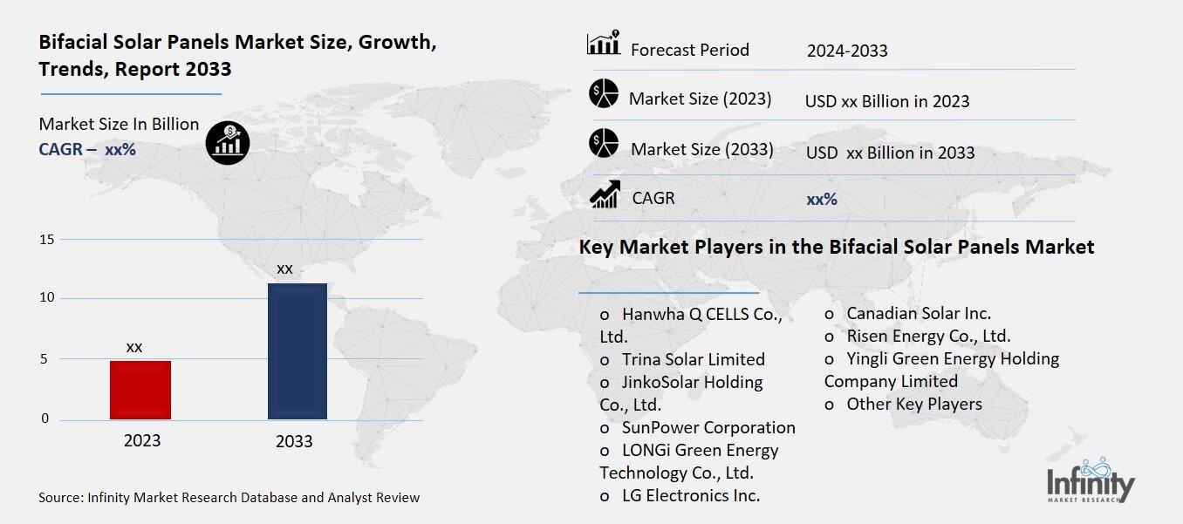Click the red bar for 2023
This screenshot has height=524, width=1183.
(140, 390)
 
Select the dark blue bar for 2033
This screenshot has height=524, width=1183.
(297, 351)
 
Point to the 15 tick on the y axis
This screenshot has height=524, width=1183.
(47, 240)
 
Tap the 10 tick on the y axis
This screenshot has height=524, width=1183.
(47, 298)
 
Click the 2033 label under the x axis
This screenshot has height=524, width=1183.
(294, 441)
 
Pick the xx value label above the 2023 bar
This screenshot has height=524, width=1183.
(134, 347)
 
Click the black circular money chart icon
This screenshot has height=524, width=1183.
(228, 142)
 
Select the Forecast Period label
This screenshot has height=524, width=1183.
(689, 50)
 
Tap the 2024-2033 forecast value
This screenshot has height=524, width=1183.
(846, 51)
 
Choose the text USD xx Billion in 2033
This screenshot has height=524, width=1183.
(890, 153)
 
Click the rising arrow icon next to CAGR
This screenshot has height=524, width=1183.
(605, 194)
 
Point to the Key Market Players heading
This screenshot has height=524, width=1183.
(836, 247)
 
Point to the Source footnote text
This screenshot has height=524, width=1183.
(229, 498)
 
